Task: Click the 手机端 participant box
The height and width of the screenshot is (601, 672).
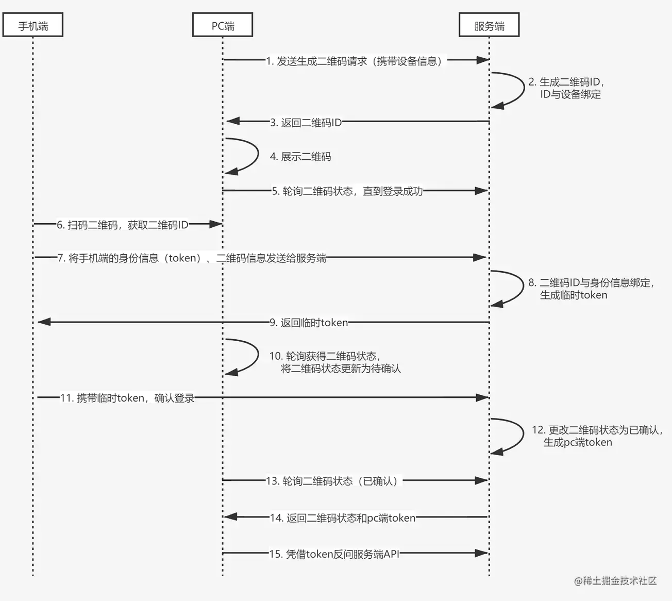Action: pos(33,25)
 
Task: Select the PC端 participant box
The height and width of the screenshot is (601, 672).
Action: pos(223,25)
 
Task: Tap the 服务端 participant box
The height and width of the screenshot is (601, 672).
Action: pos(489,25)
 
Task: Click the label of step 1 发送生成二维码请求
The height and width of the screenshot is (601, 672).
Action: pos(356,61)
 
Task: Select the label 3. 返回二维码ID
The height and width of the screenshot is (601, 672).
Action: pos(306,123)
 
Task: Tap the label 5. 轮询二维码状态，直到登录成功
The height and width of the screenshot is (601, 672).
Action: pos(348,191)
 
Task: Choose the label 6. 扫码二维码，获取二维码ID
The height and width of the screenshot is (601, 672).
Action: pos(123,225)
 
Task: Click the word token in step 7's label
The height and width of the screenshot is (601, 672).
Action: pos(182,258)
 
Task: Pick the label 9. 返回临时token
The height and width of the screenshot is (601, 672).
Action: pos(309,323)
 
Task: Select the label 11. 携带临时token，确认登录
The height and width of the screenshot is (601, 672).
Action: pos(127,398)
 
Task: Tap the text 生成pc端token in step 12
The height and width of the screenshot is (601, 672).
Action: pos(578,442)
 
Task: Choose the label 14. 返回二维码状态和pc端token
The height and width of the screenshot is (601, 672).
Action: pos(343,517)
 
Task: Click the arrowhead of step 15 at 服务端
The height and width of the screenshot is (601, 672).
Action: pos(481,553)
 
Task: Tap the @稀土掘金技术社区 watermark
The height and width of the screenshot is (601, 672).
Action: pos(615,581)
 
